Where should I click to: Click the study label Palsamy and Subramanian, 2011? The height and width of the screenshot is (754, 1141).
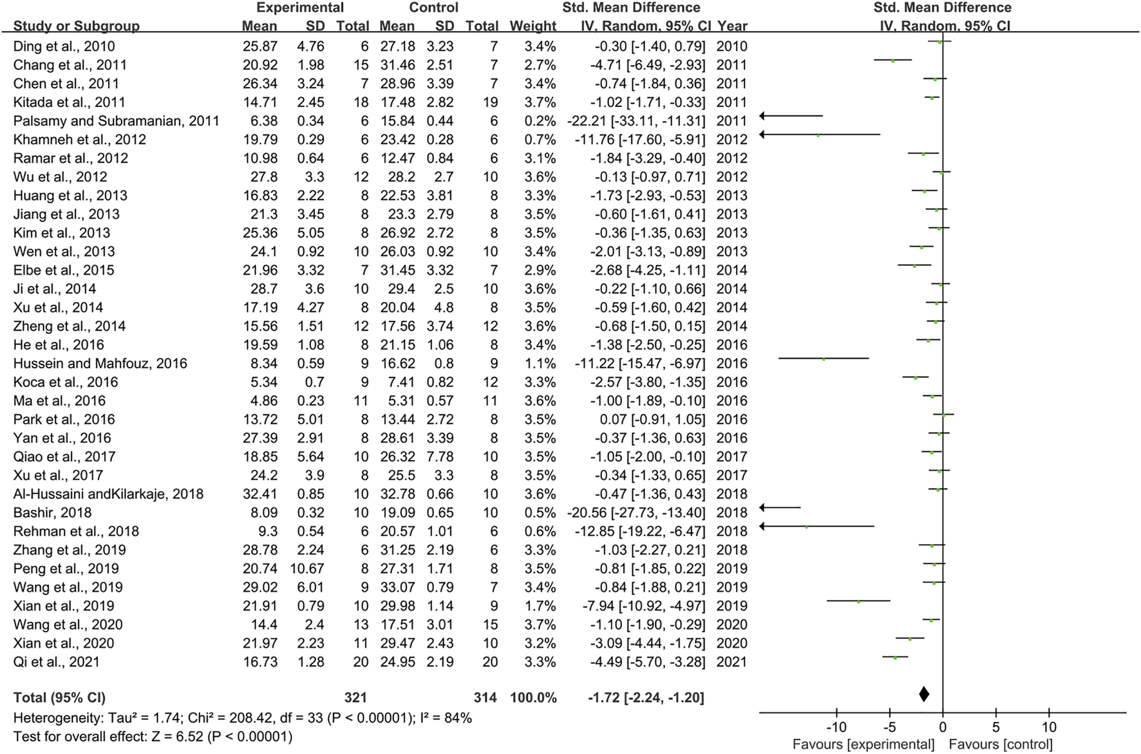click(116, 121)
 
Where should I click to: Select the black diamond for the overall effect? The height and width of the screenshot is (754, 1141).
click(924, 694)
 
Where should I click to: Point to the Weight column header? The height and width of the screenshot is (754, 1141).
click(533, 26)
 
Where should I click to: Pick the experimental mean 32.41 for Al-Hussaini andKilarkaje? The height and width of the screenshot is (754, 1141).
click(259, 494)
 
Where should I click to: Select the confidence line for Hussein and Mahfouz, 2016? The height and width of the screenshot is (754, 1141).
click(823, 359)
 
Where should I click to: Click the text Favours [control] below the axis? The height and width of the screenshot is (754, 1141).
click(1001, 745)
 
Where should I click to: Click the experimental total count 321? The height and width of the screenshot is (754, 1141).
click(355, 698)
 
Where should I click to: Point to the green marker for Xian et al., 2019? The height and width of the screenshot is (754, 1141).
click(858, 602)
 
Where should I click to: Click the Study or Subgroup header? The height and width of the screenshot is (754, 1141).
click(77, 26)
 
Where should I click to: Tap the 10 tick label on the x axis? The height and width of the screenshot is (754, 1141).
click(1049, 728)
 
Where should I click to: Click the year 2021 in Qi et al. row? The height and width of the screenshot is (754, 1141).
click(732, 662)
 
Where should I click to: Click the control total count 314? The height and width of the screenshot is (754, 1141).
click(485, 698)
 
